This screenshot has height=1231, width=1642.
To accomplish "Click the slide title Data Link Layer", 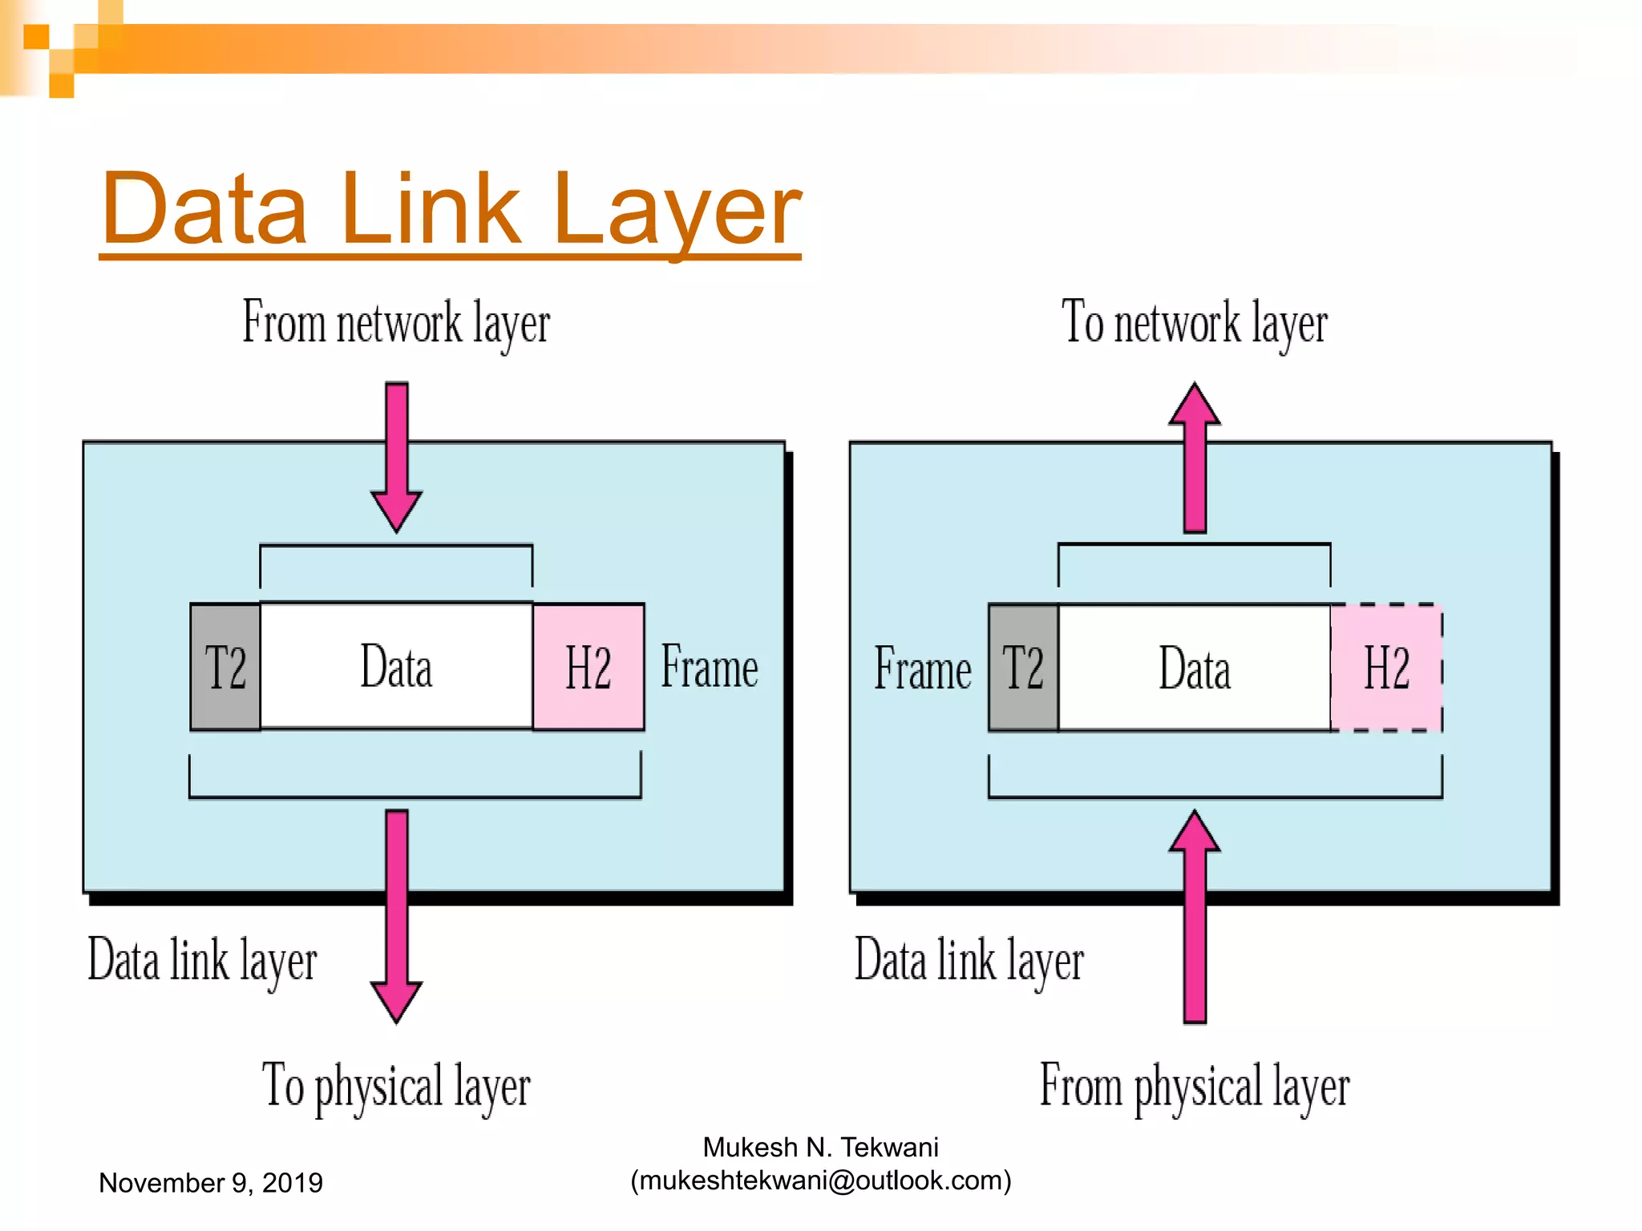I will click(451, 210).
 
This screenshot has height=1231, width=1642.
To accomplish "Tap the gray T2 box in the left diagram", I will click(225, 667).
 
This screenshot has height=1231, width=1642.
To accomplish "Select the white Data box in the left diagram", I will click(396, 667).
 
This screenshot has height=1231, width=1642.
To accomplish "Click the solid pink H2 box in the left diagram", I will click(588, 667).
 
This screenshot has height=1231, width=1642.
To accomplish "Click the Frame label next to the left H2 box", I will click(710, 667).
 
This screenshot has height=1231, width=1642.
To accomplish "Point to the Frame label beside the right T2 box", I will click(922, 668).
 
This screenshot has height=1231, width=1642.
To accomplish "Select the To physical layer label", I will click(396, 1087).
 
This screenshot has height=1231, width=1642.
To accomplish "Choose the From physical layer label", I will click(1194, 1087).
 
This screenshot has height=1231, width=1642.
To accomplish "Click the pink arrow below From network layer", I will click(396, 457).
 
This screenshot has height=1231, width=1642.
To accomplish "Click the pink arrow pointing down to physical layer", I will click(396, 914).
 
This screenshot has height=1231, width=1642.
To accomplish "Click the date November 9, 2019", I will click(210, 1183).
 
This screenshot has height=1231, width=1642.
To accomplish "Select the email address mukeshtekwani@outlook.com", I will click(821, 1181).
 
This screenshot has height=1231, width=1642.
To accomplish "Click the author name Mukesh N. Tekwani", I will click(821, 1148).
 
